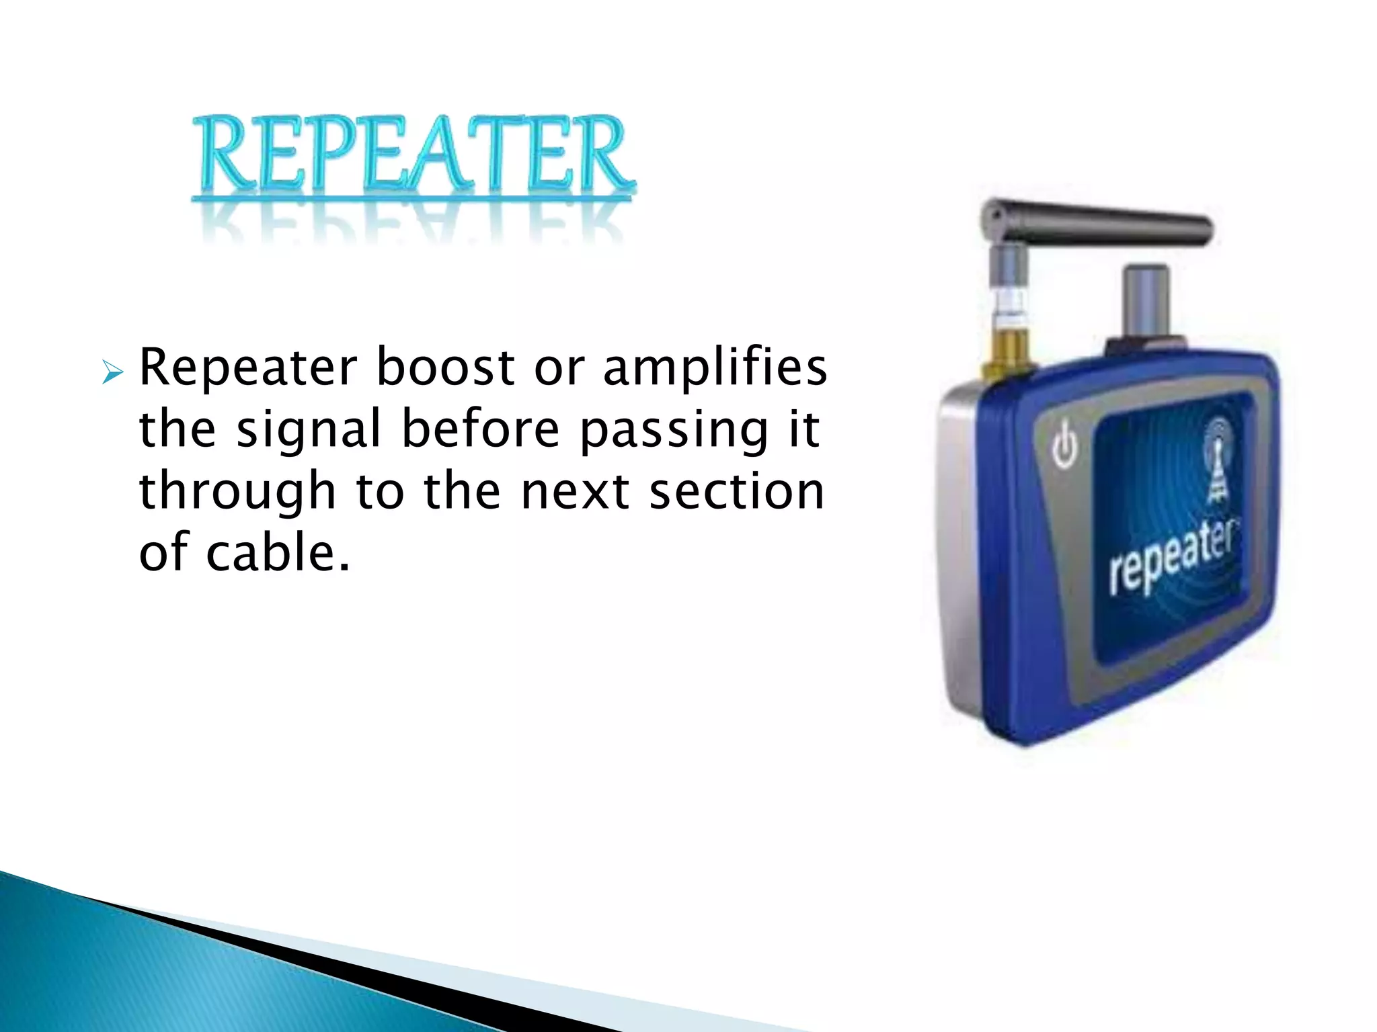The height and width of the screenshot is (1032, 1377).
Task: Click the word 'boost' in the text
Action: tap(445, 368)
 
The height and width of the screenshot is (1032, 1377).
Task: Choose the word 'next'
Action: tap(576, 492)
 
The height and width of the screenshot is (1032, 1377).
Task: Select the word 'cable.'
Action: tap(278, 553)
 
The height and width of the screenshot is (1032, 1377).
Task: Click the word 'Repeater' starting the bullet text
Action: tap(247, 369)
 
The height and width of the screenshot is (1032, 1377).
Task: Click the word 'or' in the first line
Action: tap(559, 369)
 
